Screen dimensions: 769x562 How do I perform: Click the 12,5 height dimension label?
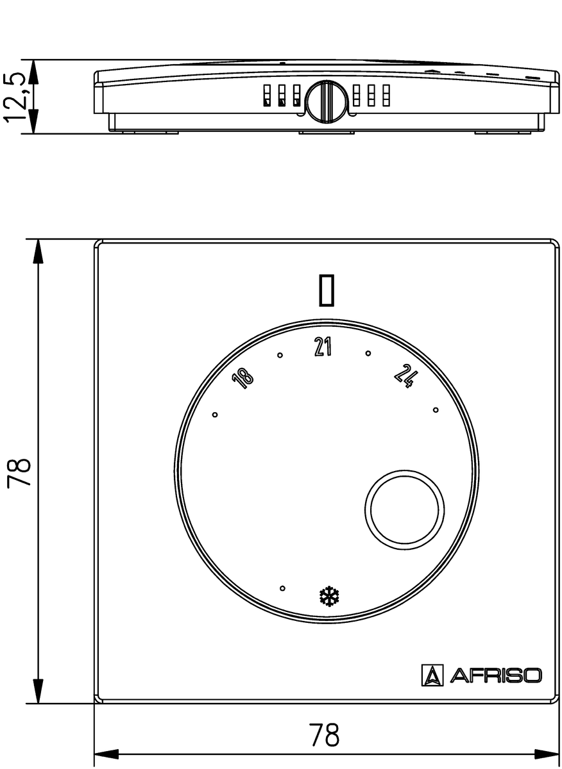16,97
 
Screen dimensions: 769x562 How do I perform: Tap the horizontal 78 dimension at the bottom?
324,736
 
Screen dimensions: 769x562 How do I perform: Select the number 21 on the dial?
323,347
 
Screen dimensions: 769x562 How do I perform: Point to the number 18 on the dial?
244,378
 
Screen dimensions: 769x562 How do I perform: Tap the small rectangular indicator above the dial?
327,289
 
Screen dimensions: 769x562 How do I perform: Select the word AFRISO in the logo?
495,675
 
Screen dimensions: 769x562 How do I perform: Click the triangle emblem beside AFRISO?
432,675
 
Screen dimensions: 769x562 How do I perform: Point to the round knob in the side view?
325,101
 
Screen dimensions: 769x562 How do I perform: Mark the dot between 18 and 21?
280,356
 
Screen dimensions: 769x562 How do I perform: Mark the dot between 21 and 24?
368,353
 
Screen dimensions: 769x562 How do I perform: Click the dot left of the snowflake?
282,588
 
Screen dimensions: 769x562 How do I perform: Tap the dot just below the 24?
436,409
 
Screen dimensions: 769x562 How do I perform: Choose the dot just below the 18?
215,415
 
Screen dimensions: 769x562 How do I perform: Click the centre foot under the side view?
327,132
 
